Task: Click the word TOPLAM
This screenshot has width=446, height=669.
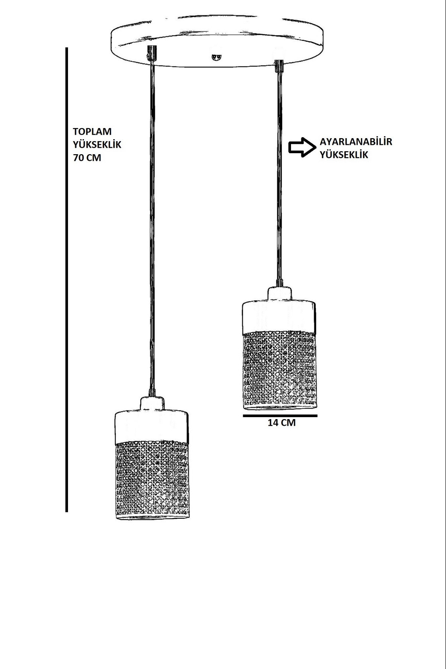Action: coord(92,131)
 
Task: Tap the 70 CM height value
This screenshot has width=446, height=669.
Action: coord(87,158)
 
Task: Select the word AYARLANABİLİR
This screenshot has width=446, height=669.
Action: coord(356,141)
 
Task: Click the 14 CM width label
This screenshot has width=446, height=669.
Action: coord(282,422)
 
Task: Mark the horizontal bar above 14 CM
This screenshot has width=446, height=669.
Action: coord(280,415)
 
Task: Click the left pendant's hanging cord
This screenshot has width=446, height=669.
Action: coord(153,234)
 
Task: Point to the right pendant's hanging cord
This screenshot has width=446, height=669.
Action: coord(279,174)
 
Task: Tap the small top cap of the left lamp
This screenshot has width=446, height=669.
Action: coord(153,404)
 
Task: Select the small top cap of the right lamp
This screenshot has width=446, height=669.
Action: coord(279,293)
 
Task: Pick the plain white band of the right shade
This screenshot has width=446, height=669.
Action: coord(279,316)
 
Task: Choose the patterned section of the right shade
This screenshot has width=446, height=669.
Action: coord(279,370)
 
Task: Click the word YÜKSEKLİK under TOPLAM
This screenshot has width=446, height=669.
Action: coord(97,145)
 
